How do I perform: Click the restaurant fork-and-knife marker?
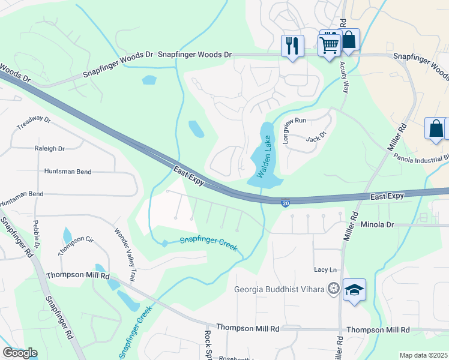pyautogui.click(x=292, y=46)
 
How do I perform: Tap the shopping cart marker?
pyautogui.click(x=329, y=44)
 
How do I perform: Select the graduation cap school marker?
pyautogui.click(x=354, y=290)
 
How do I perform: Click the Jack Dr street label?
pyautogui.click(x=315, y=137)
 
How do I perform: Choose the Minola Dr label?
pyautogui.click(x=377, y=224)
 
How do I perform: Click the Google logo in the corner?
pyautogui.click(x=20, y=353)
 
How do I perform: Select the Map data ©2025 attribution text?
pyautogui.click(x=424, y=355)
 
